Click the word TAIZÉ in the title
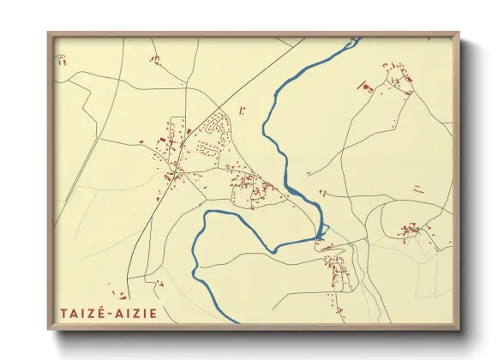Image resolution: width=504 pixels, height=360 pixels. click(81, 314)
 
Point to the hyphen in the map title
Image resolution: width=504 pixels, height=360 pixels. click(110, 314)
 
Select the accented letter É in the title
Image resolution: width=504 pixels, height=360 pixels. click(101, 313)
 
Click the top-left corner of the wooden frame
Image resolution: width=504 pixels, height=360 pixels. click(49, 33)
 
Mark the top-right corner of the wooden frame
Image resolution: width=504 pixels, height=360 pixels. click(459, 33)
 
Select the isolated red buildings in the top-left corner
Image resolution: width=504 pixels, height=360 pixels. click(61, 60)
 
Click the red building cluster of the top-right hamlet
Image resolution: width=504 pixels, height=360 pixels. click(398, 78)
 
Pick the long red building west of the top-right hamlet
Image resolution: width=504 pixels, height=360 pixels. click(361, 87)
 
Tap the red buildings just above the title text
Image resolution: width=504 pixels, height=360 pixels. click(158, 284)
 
